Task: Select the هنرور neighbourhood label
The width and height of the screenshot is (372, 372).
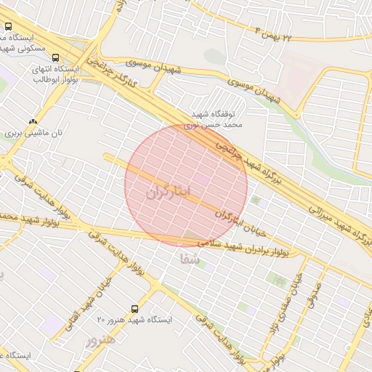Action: pyautogui.click(x=101, y=340)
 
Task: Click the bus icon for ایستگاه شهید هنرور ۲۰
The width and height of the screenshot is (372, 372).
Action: pyautogui.click(x=134, y=309)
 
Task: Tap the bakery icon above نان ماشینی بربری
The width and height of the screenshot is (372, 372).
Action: pyautogui.click(x=32, y=121)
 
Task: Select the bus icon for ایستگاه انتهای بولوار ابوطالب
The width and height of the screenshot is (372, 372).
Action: pyautogui.click(x=56, y=58)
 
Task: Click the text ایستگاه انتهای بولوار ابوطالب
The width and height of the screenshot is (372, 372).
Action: pyautogui.click(x=56, y=76)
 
